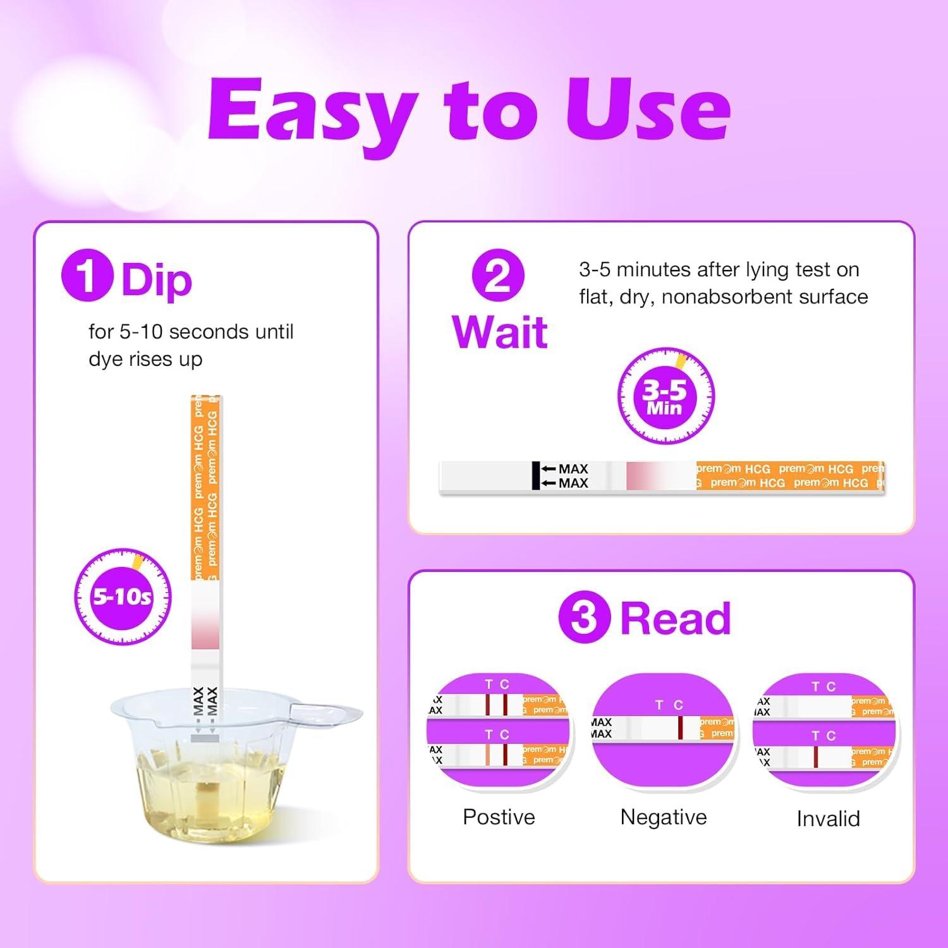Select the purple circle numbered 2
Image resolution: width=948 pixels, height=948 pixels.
pyautogui.click(x=498, y=276)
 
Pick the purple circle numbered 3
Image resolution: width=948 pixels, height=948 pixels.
pyautogui.click(x=584, y=617)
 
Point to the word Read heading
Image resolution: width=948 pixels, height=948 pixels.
pyautogui.click(x=675, y=618)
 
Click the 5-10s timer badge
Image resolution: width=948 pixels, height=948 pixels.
pyautogui.click(x=123, y=596)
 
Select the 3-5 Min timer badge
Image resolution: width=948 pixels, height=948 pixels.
pyautogui.click(x=665, y=396)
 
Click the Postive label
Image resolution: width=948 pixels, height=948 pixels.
pyautogui.click(x=499, y=817)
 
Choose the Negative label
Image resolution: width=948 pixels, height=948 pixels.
pyautogui.click(x=663, y=817)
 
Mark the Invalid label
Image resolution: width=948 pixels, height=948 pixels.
pyautogui.click(x=828, y=818)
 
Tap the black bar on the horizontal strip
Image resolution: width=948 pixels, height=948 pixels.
pyautogui.click(x=536, y=475)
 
